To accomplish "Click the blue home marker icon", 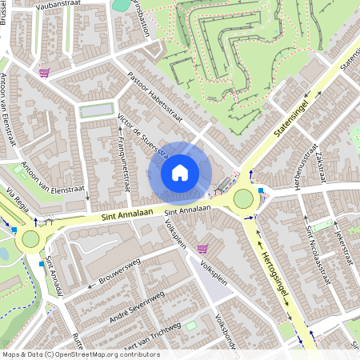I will point(180,172).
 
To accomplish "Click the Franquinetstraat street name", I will point(122,164).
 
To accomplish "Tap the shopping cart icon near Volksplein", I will point(202,249).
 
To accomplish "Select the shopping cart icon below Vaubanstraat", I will point(44,73).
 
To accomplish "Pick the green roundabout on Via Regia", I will point(30,238).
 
